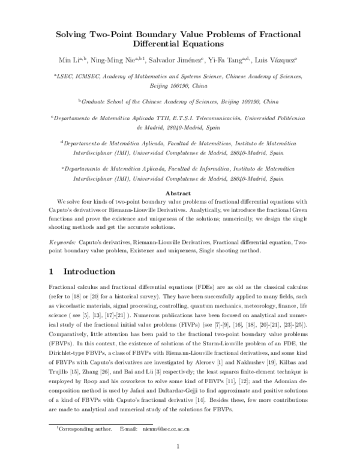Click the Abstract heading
[180, 193]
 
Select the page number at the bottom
[180, 446]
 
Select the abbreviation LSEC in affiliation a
[67, 77]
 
